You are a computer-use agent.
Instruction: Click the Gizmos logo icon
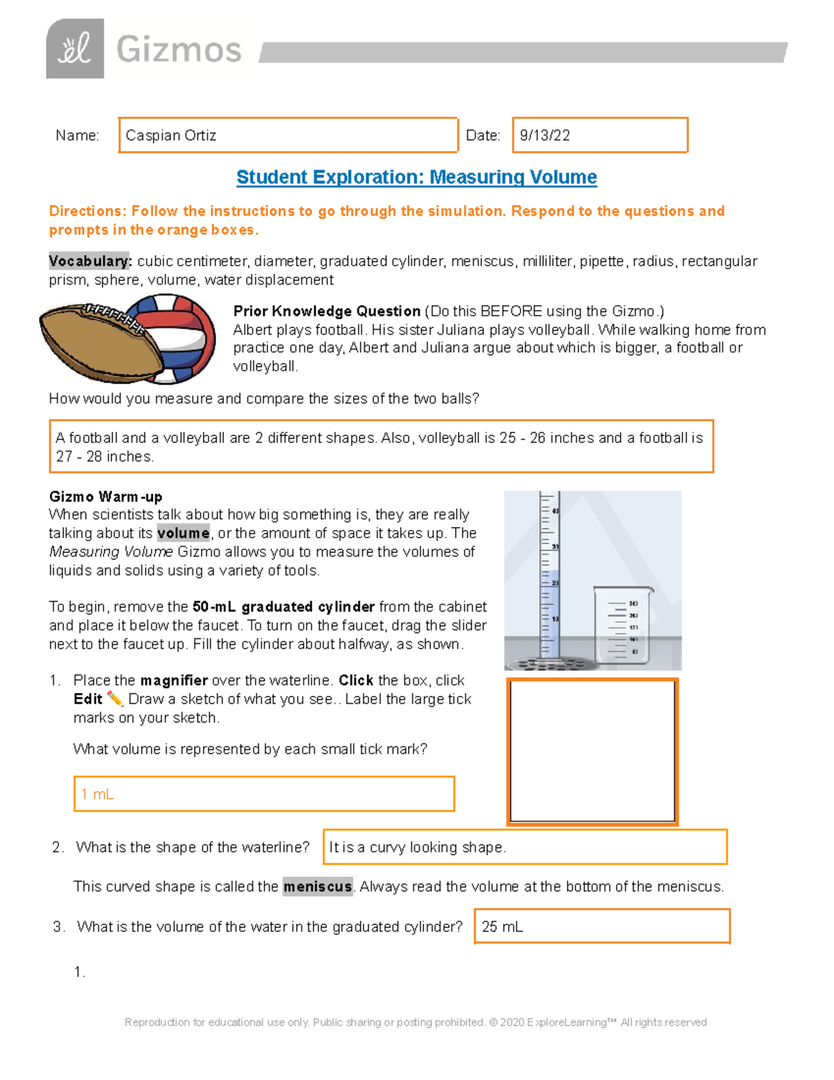click(75, 49)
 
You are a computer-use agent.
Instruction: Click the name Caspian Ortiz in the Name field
click(171, 136)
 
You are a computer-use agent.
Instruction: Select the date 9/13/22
click(545, 136)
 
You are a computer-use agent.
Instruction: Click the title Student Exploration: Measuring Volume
click(416, 177)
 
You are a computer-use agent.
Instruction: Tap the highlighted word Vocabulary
click(89, 261)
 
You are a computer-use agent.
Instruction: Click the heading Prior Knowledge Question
click(327, 311)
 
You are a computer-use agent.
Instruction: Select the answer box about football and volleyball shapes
click(381, 446)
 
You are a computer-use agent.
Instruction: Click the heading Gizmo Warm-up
click(106, 497)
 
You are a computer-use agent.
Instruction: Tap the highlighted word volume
click(183, 533)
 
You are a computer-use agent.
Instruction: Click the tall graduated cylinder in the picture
click(549, 577)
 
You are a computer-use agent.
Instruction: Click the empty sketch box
click(592, 751)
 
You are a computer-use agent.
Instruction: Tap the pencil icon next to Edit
click(115, 699)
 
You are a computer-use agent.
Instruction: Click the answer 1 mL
click(97, 794)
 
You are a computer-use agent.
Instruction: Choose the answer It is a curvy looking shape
click(417, 847)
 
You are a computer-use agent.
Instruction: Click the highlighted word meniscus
click(318, 887)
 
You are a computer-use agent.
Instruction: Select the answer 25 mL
click(502, 927)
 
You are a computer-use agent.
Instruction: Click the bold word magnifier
click(174, 681)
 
